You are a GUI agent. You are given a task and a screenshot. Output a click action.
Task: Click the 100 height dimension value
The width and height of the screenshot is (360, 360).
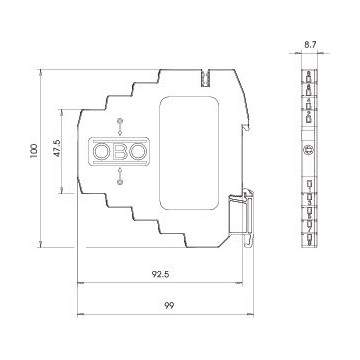(34, 151)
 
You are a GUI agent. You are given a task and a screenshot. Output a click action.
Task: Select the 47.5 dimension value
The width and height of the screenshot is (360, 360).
(57, 148)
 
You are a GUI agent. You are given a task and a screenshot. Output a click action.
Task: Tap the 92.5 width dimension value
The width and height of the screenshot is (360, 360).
(161, 274)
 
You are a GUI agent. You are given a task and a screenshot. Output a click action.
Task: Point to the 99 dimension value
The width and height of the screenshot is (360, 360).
(169, 305)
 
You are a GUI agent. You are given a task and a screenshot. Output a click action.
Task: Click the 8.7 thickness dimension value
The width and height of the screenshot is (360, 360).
(310, 45)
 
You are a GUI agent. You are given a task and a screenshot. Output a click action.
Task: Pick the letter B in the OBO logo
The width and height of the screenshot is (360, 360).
(120, 152)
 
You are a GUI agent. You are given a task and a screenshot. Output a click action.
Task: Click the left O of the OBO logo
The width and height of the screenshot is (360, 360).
(101, 152)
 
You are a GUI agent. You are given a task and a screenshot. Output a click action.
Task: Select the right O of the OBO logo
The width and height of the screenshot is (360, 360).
(138, 152)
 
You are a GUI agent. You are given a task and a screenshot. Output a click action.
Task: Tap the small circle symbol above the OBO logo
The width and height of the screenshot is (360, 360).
(120, 120)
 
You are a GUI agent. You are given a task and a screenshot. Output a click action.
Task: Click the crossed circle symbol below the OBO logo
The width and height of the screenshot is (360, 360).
(120, 182)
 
